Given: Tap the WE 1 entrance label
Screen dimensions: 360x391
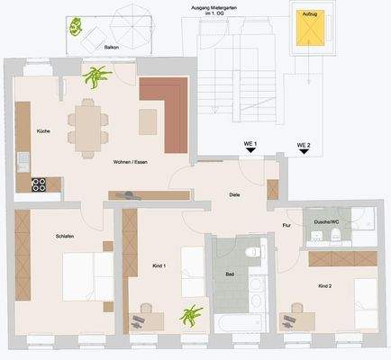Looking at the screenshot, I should pos(250,145).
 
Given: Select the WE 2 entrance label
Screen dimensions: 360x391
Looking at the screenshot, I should pos(303,145).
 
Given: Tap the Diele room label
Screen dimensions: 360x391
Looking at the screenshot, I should pos(234,193).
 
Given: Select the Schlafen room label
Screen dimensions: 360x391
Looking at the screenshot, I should pos(39,235).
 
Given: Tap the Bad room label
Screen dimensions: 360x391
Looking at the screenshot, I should pos(230,274).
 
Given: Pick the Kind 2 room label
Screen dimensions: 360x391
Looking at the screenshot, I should pos(325,285).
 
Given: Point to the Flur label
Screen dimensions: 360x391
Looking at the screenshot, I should pos(286,225).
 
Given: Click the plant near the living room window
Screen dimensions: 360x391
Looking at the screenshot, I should pos(93,78).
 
